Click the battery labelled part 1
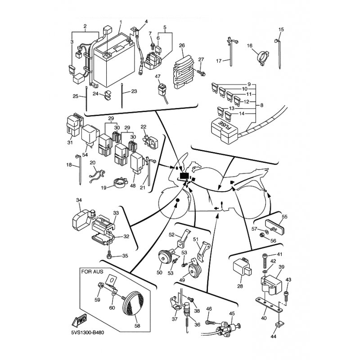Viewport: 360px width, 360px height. point(114,60)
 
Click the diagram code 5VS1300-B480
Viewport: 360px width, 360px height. point(87,332)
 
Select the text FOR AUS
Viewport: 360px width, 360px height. point(92,272)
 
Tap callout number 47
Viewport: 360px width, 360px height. point(157,76)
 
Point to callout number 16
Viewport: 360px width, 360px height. point(250,46)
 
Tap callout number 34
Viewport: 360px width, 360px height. point(79,200)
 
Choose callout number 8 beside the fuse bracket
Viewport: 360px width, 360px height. point(262,105)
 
